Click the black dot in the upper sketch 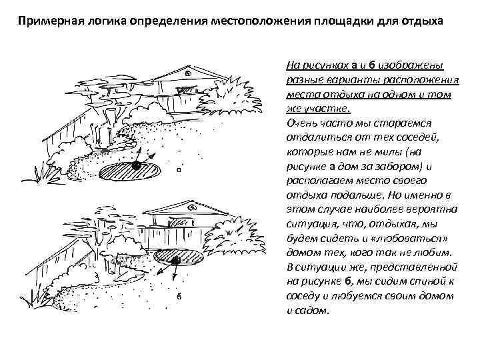click(x=136, y=165)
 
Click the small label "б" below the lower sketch click(x=179, y=296)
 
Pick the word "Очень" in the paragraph click(x=300, y=123)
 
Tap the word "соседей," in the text click(x=416, y=138)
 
